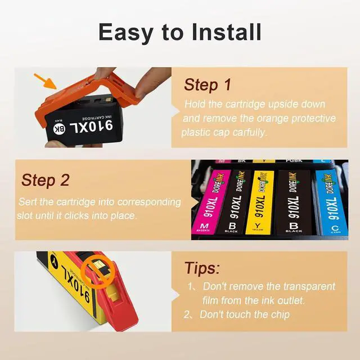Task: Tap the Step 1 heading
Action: pos(208,85)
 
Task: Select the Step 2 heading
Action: pos(45,180)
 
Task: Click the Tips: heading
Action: pos(202,268)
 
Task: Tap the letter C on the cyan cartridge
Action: pos(335,227)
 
